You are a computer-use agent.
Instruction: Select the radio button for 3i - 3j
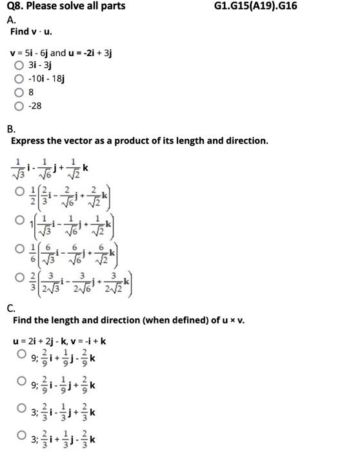click(x=19, y=65)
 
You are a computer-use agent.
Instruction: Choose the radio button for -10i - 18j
click(x=19, y=79)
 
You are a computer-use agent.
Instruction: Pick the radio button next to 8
click(x=19, y=92)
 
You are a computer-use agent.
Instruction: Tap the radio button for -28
click(x=19, y=106)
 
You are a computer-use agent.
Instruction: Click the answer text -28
click(x=34, y=106)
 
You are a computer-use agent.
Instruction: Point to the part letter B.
click(x=10, y=128)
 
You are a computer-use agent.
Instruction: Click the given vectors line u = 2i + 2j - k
click(x=59, y=341)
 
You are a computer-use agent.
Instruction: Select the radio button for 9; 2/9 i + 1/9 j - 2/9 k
click(x=22, y=355)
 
